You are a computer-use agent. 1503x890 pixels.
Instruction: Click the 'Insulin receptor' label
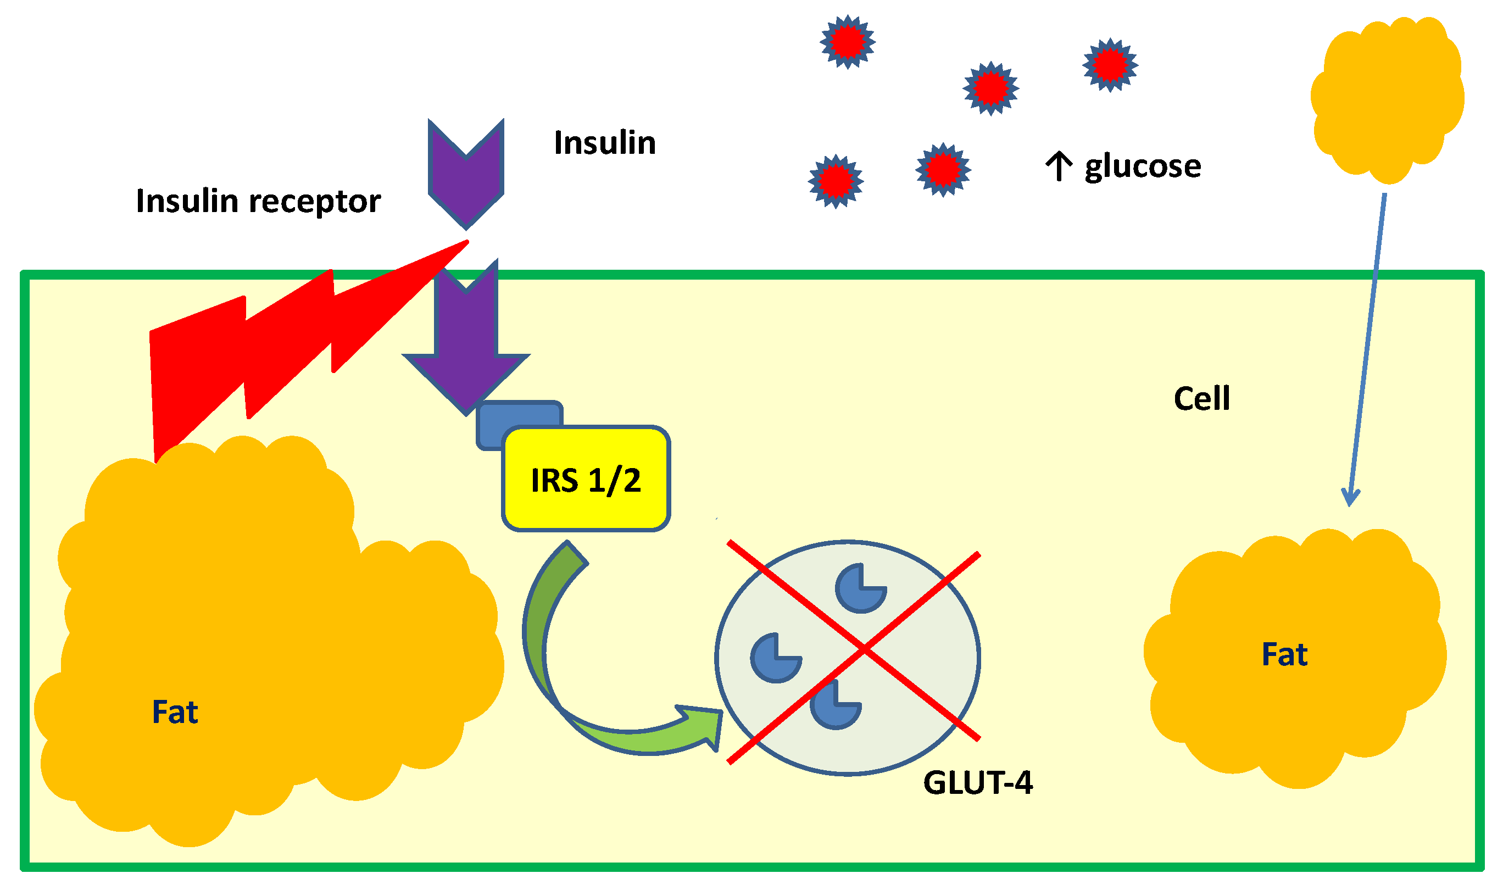(258, 201)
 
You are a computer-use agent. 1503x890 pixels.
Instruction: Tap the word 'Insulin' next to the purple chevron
(604, 143)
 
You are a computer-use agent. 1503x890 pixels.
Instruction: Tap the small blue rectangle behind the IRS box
(510, 414)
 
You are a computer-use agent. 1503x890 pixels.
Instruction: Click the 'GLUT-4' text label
(977, 783)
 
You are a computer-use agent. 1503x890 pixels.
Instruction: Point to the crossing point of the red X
(864, 648)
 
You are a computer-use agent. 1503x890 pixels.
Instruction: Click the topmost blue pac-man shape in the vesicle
(860, 588)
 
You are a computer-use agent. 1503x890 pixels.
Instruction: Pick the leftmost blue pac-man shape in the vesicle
(775, 658)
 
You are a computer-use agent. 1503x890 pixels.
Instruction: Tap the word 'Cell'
(1201, 398)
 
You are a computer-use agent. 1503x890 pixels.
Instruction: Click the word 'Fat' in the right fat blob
(1284, 654)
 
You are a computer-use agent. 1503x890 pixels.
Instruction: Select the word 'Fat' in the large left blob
(175, 712)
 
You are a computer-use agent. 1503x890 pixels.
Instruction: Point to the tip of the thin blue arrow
(1350, 505)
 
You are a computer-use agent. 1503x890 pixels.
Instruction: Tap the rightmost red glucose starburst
(1110, 65)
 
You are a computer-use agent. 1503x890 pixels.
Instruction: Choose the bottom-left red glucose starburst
(835, 181)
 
